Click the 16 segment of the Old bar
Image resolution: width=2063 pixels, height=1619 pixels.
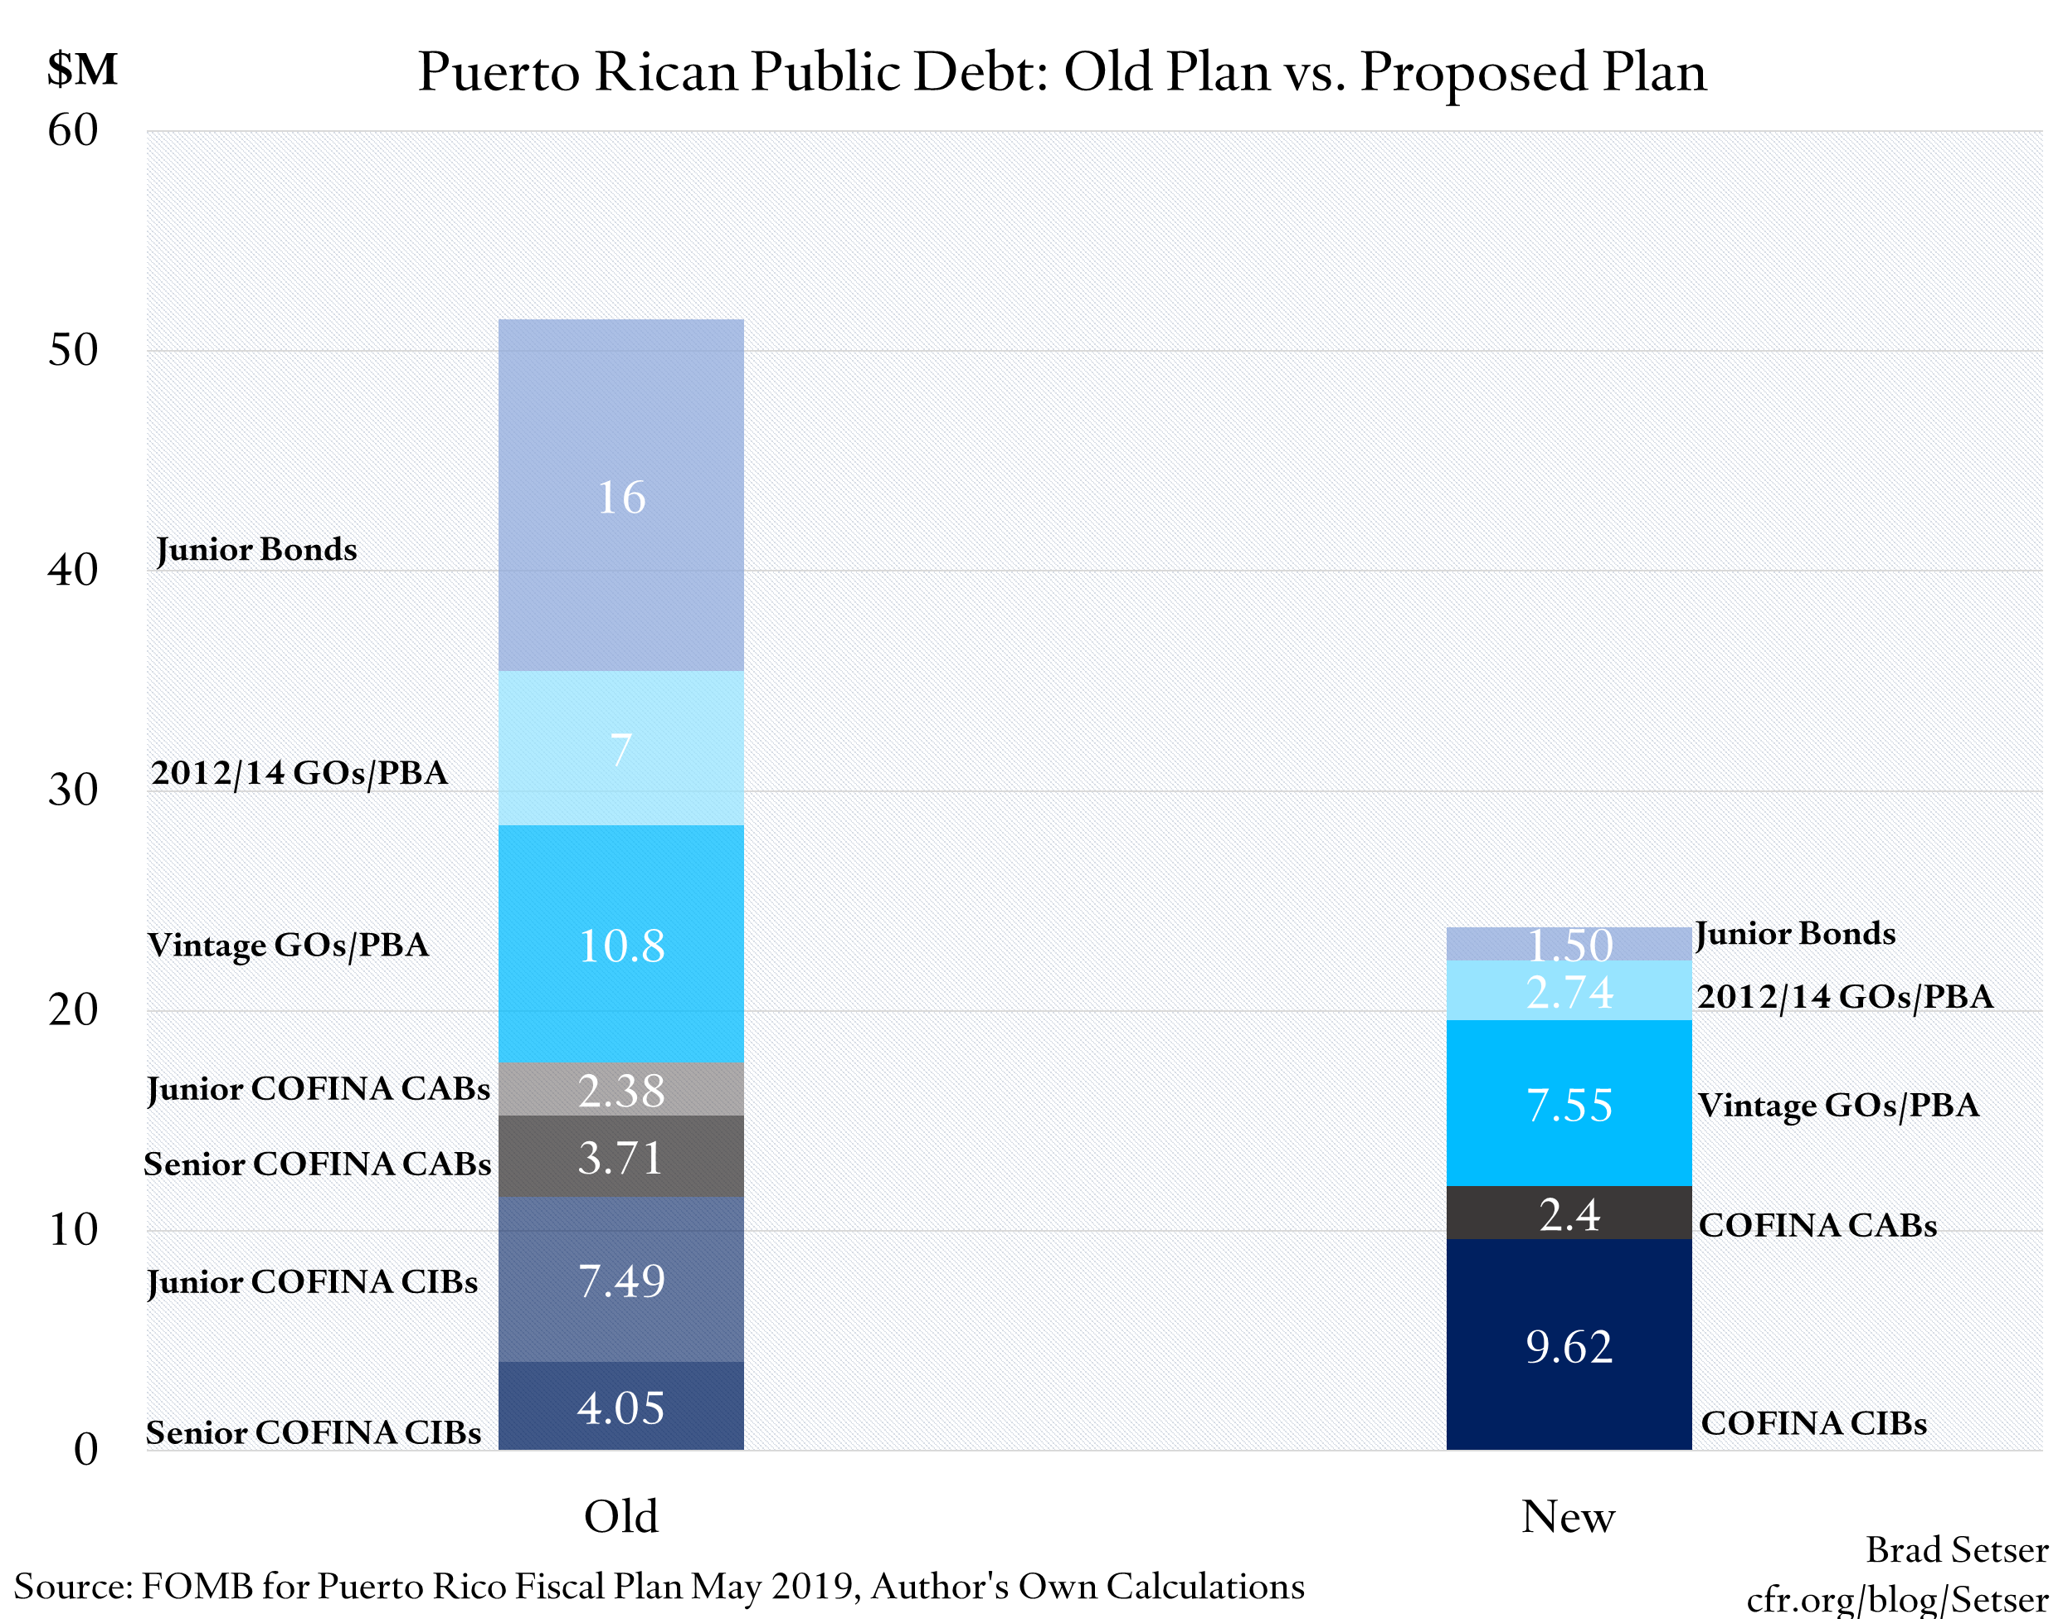621,496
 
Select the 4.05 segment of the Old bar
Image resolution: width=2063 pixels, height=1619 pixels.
621,1406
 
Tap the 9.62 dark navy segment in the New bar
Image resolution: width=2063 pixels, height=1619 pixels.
1569,1346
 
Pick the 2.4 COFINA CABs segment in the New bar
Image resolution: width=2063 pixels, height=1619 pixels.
1569,1213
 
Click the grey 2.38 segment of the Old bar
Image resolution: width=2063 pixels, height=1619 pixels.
621,1089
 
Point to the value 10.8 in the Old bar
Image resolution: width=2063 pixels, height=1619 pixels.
621,945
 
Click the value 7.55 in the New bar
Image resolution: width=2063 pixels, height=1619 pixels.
1569,1104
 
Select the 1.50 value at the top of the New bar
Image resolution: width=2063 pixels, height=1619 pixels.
1569,944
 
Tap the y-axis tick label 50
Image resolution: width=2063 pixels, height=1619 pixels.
73,350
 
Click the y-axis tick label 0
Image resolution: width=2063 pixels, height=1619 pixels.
85,1448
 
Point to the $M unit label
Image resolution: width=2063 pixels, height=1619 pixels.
82,69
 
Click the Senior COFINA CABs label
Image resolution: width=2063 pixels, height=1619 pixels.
317,1163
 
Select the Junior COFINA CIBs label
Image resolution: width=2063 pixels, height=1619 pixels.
312,1281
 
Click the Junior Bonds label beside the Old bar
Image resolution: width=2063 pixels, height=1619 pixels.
256,549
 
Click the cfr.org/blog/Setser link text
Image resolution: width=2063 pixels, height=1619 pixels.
1896,1599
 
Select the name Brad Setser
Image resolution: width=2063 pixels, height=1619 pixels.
1957,1550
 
